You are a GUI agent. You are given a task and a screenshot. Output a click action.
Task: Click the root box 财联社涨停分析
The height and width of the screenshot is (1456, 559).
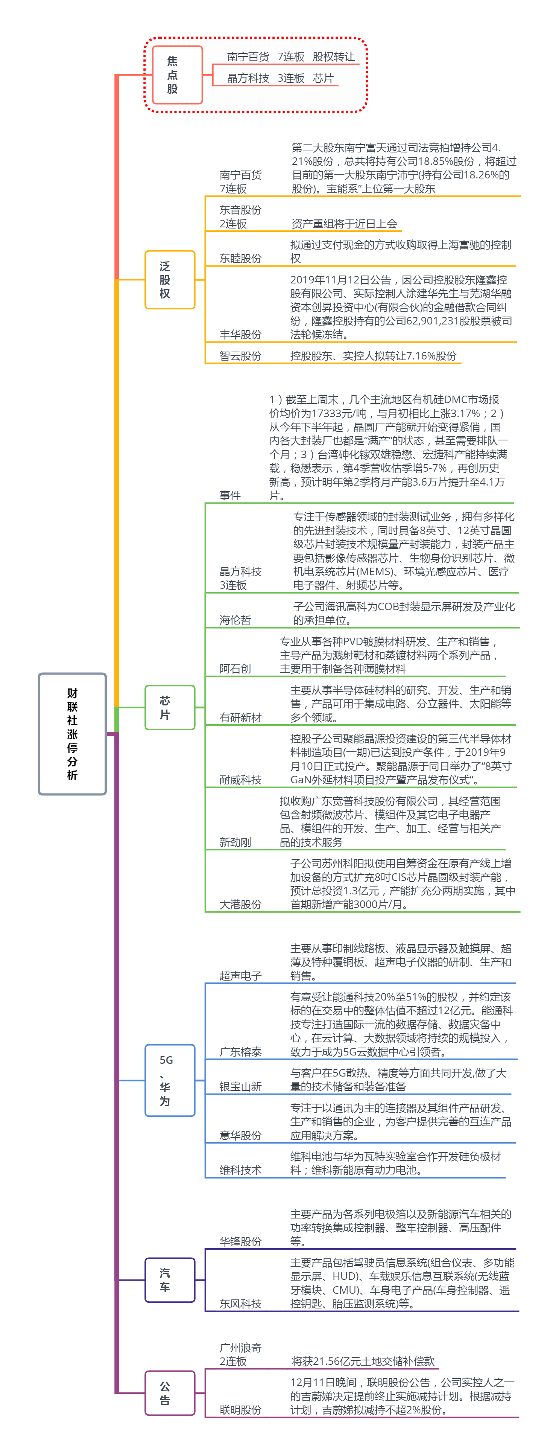click(x=72, y=734)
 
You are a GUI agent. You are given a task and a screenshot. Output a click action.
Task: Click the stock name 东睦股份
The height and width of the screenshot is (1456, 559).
click(x=240, y=258)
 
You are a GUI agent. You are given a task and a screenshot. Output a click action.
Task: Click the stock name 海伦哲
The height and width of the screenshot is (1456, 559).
click(x=235, y=620)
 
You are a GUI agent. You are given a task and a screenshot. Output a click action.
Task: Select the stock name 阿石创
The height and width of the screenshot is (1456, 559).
click(x=235, y=669)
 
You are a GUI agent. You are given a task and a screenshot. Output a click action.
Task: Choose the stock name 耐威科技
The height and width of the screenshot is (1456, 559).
click(x=240, y=780)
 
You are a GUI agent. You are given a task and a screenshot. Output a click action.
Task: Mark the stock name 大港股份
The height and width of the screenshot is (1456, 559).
click(x=240, y=904)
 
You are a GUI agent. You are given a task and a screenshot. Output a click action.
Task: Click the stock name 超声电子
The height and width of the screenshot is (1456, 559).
click(x=240, y=976)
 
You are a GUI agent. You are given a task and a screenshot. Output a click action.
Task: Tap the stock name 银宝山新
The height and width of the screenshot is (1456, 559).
click(x=240, y=1086)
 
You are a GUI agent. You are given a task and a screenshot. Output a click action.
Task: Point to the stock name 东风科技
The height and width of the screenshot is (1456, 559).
click(x=240, y=1304)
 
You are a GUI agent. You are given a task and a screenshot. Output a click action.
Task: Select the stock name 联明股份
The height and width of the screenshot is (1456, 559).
click(x=240, y=1410)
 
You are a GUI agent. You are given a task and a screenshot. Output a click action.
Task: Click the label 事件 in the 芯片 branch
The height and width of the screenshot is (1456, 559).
click(x=230, y=496)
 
